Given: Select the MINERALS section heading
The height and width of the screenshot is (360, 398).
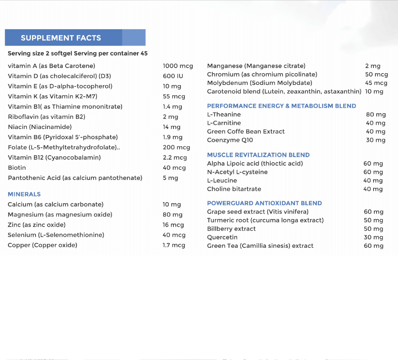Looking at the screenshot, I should click(x=24, y=194).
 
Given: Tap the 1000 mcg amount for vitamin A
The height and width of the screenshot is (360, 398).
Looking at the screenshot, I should click(x=178, y=66).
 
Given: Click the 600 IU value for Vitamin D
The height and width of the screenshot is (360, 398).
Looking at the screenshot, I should click(x=173, y=76).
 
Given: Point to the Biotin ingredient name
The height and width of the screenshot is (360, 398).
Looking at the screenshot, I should click(x=17, y=168).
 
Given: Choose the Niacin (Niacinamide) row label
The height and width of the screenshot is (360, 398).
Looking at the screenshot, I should click(x=40, y=127).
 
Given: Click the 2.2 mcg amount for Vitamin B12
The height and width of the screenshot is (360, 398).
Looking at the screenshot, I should click(x=175, y=157).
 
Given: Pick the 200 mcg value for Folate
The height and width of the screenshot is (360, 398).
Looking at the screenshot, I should click(x=176, y=147).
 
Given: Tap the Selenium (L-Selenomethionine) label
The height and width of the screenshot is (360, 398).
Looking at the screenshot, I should click(x=56, y=235).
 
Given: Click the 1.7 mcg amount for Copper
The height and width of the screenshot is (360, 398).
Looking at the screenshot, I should click(x=174, y=245).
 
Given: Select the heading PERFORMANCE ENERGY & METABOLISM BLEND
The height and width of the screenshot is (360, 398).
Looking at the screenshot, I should click(x=281, y=106).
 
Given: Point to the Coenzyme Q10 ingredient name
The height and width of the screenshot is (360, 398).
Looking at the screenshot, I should click(x=230, y=140).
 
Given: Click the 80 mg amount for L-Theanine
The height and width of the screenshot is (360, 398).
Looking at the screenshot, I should click(x=376, y=115).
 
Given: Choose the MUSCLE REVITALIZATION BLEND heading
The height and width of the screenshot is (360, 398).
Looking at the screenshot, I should click(x=258, y=155).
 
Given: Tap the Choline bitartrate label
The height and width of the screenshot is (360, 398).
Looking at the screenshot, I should click(x=234, y=189).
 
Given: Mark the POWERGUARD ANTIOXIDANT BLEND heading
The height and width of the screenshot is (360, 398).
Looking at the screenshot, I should click(x=264, y=203).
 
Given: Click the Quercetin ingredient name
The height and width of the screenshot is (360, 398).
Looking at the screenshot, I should click(x=222, y=237).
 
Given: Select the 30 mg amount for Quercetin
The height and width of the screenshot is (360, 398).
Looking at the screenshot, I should click(x=373, y=237).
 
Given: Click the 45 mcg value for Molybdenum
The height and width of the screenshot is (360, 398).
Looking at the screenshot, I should click(x=376, y=83).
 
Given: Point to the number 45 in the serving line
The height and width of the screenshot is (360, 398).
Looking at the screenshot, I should click(x=144, y=53).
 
